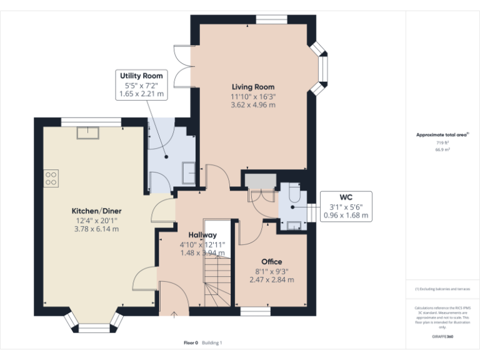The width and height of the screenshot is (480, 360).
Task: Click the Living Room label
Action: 253,87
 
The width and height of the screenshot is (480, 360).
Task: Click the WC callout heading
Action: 346,197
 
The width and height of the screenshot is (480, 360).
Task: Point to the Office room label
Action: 271,261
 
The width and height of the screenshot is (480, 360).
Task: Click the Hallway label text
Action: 202,235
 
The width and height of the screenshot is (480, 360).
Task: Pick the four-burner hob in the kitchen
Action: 51,178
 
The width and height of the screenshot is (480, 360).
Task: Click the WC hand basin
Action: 292,226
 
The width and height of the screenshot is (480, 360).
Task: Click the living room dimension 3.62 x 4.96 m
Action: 253,105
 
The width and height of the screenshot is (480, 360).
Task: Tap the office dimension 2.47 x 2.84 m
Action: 271,279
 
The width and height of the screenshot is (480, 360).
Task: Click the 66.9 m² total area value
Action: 442,150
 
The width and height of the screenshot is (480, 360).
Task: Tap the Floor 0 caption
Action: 191,342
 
